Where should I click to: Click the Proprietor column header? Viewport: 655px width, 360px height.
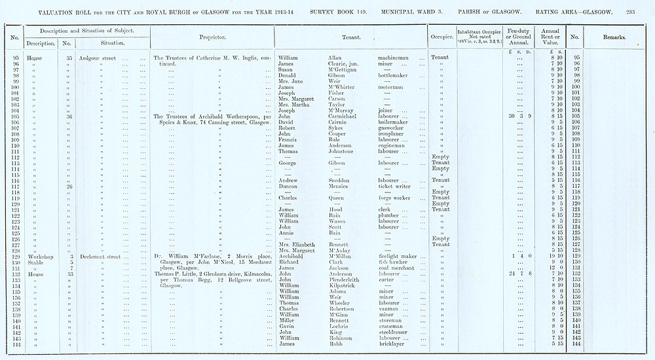[213, 38]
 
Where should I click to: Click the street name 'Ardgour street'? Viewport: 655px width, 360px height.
[98, 58]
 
